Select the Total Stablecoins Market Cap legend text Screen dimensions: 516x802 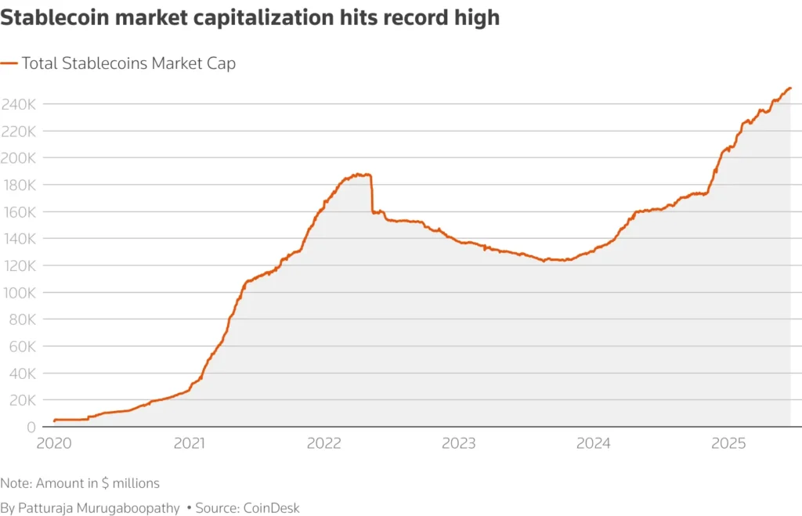128,63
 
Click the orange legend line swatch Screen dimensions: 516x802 9,63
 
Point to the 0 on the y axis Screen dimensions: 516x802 31,427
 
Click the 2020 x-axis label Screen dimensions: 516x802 54,444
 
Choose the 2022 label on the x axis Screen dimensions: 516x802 323,444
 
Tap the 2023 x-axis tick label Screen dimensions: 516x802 458,444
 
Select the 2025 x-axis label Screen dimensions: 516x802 728,444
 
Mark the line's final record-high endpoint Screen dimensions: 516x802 790,88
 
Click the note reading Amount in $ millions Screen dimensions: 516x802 80,483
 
